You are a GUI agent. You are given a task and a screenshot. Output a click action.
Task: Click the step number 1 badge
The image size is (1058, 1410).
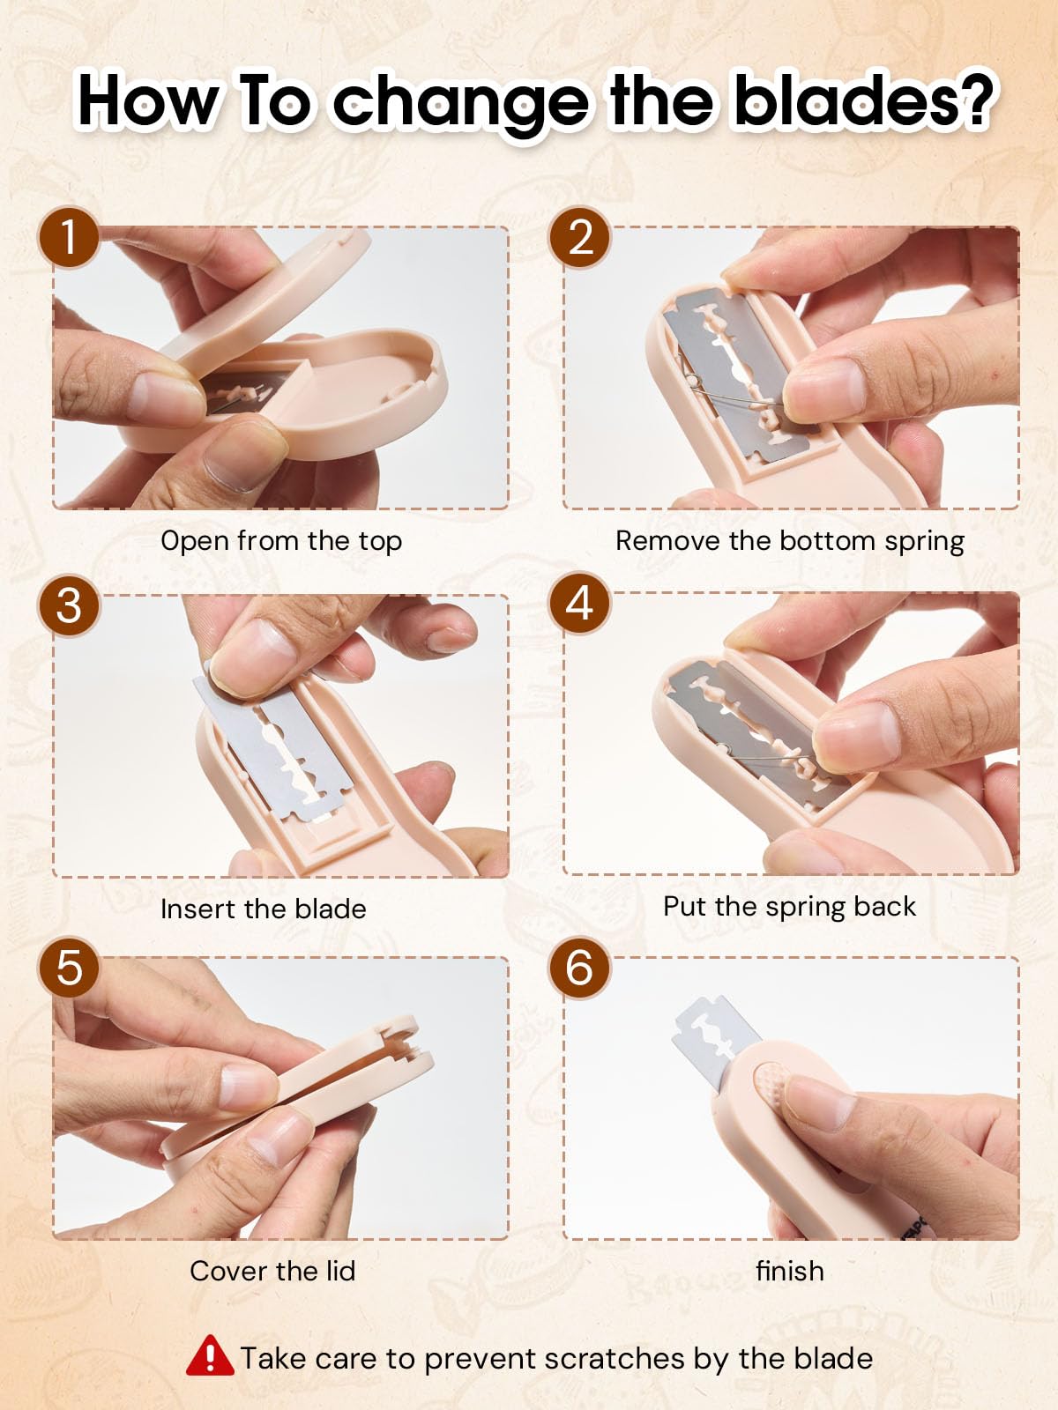pos(69,237)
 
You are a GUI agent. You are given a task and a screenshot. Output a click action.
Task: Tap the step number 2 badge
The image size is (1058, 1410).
pos(579,237)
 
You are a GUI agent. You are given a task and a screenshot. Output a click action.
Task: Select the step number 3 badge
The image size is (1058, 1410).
pos(69,605)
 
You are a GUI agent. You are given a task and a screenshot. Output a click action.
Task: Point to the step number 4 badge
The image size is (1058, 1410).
pos(579,604)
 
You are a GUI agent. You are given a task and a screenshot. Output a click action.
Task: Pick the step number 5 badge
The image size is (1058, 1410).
pos(69,968)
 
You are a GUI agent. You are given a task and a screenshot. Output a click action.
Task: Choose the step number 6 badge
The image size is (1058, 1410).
pos(579,968)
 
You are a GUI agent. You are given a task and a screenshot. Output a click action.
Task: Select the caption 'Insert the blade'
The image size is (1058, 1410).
pos(264,909)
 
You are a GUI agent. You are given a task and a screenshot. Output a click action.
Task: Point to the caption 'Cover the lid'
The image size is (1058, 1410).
pos(272,1272)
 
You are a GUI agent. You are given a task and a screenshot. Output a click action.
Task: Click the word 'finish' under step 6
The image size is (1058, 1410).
pos(789,1272)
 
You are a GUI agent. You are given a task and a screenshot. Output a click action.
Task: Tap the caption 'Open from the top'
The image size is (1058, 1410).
pos(281,541)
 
